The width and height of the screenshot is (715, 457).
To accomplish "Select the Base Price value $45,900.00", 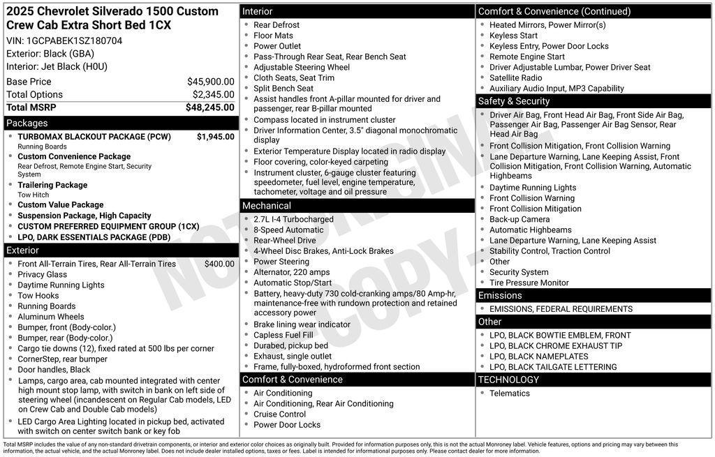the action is coord(210,82).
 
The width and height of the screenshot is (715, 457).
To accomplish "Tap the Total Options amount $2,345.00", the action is coord(213,94).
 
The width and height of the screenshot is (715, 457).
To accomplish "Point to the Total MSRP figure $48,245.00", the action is coord(209,107).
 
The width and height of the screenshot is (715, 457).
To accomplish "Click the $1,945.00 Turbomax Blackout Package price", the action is coord(215,137).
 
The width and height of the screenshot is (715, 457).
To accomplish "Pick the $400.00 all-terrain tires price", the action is coord(219,264).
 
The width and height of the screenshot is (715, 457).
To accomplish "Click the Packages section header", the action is coord(27,123).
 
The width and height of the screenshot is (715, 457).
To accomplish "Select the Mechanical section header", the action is coord(266,206).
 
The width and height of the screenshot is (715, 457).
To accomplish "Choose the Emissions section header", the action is coord(500,295).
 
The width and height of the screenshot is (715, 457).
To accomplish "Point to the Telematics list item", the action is coord(510,394).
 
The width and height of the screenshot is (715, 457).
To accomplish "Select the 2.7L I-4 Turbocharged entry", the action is coord(293,219).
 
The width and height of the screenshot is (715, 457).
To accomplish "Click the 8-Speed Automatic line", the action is coord(288,230).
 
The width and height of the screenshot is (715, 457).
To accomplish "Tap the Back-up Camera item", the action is coord(519,219).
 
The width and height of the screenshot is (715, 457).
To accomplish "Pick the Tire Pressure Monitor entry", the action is coord(529,283).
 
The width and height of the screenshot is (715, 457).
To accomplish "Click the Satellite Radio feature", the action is coord(515,77).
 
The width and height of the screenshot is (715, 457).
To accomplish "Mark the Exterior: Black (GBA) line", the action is coord(50,54).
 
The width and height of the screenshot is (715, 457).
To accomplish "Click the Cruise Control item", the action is coord(279,414).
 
